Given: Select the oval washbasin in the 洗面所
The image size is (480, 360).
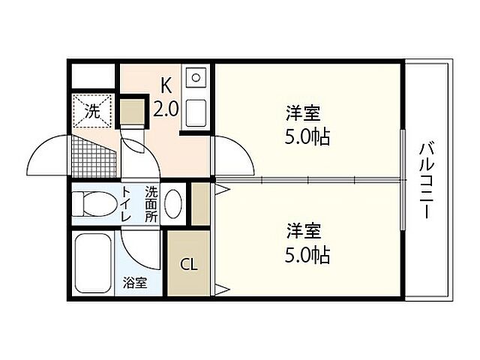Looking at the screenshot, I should click(172, 204).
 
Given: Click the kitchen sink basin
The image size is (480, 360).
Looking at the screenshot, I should click(196, 77).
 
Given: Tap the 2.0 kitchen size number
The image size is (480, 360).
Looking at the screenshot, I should click(166, 109).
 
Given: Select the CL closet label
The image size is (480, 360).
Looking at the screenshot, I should click(188, 265).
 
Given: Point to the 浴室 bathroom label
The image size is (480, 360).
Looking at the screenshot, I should click(135, 283).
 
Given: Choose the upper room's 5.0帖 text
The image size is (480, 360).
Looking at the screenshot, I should click(307, 138).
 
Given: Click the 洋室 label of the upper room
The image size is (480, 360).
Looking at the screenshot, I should click(304, 114).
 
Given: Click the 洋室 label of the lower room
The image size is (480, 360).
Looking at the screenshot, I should click(304, 230).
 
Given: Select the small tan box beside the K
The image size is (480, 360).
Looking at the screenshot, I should click(133, 111).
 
